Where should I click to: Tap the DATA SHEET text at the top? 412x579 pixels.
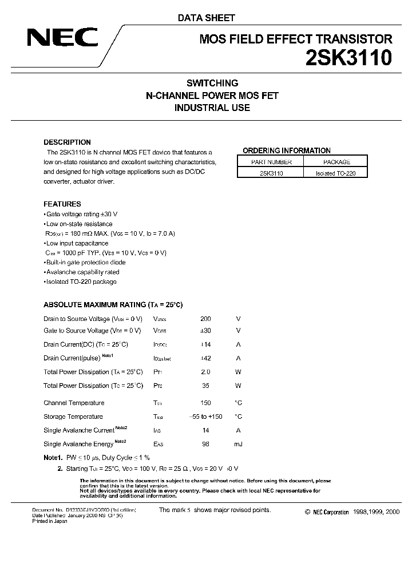(x=206, y=18)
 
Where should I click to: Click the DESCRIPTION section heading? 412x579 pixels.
(x=67, y=142)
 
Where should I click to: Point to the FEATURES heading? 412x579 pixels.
(x=62, y=204)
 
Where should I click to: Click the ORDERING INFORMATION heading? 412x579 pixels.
(x=287, y=150)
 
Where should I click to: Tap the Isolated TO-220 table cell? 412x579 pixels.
(x=335, y=173)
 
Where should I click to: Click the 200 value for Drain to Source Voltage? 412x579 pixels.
(x=205, y=319)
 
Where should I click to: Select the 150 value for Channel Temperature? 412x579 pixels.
(x=205, y=403)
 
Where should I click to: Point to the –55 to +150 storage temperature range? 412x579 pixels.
(x=205, y=417)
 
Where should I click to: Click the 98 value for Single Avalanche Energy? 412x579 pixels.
(x=205, y=444)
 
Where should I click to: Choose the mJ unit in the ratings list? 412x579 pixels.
(x=238, y=444)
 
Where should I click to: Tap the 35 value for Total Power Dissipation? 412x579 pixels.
(x=205, y=386)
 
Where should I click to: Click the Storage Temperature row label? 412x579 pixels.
(x=73, y=417)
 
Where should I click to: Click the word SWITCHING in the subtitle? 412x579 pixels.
(x=212, y=83)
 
